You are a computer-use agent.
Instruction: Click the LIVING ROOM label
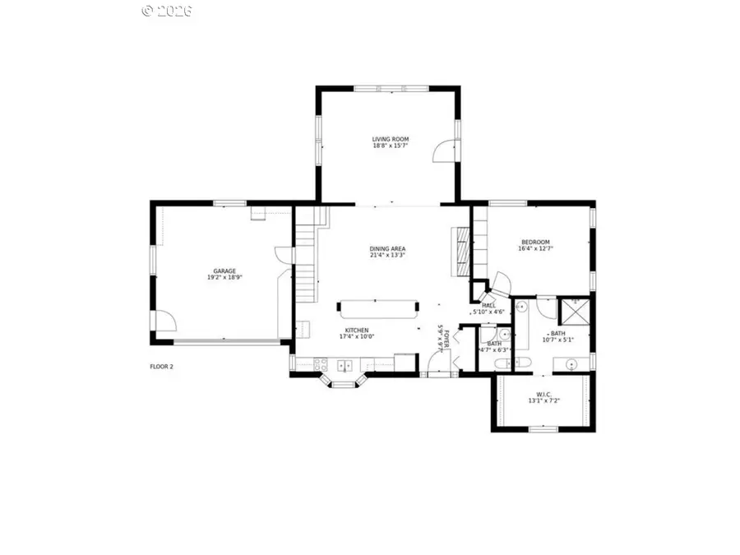pyautogui.click(x=390, y=139)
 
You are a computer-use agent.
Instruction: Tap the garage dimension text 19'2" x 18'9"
pyautogui.click(x=224, y=278)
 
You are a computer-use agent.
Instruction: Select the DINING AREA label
pyautogui.click(x=387, y=248)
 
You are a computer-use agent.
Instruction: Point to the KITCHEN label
pyautogui.click(x=356, y=330)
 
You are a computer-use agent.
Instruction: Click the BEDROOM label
pyautogui.click(x=534, y=242)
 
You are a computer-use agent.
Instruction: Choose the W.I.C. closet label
pyautogui.click(x=542, y=394)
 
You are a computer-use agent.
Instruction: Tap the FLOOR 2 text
pyautogui.click(x=161, y=367)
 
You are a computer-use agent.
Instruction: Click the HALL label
pyautogui.click(x=488, y=305)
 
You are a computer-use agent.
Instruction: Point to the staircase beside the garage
pyautogui.click(x=306, y=255)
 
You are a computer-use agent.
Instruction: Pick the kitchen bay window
pyautogui.click(x=342, y=381)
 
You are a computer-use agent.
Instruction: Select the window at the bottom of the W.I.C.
pyautogui.click(x=543, y=428)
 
